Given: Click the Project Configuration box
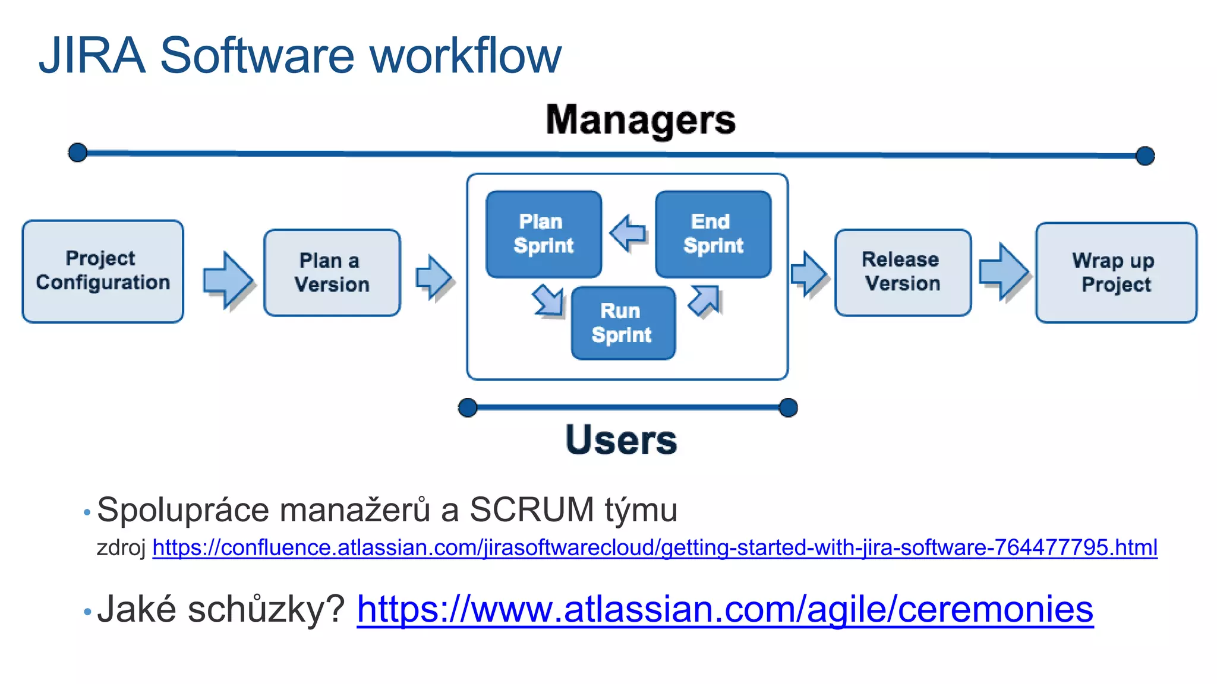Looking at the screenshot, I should click(x=103, y=271).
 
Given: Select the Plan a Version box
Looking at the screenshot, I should click(x=332, y=273).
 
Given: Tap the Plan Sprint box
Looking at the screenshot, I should click(x=543, y=234).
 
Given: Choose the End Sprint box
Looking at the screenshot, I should click(x=712, y=234).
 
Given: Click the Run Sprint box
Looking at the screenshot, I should click(x=623, y=323).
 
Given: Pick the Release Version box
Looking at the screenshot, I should click(x=902, y=272).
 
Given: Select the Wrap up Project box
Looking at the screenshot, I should click(x=1115, y=273).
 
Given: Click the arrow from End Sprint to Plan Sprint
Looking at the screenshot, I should click(x=628, y=233).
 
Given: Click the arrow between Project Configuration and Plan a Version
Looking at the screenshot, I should click(x=227, y=279).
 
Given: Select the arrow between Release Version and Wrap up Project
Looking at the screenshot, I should click(x=1003, y=271).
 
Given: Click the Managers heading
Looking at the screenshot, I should click(x=641, y=120).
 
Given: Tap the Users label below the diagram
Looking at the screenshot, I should click(x=621, y=440).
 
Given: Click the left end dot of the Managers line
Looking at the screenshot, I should click(x=78, y=153).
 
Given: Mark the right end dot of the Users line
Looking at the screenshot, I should click(x=788, y=408).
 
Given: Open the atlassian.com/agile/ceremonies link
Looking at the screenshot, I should click(x=724, y=609).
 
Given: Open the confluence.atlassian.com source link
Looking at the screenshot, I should click(x=654, y=547).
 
